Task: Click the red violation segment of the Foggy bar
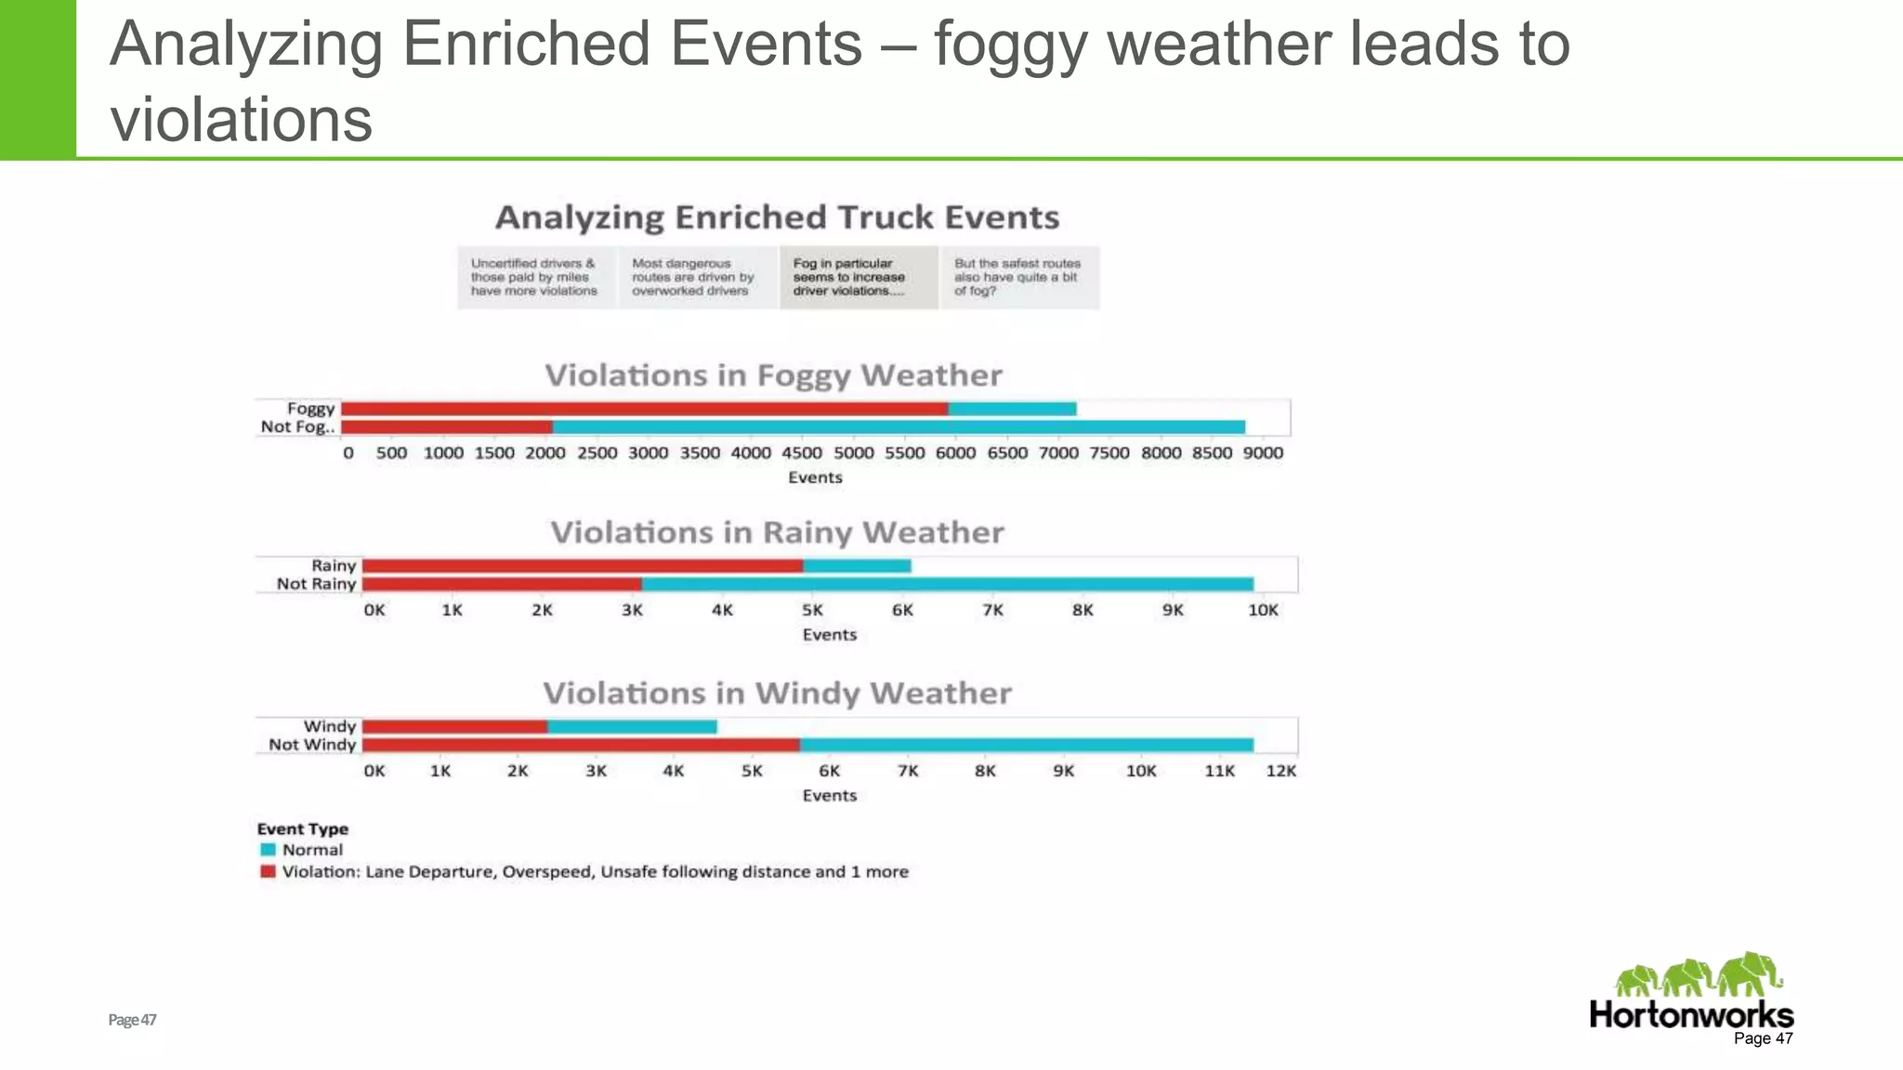tap(644, 409)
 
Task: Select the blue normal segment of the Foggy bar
tap(1012, 409)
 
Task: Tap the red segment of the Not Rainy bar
tap(502, 584)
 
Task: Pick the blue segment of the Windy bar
tap(632, 726)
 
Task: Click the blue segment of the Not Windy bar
tap(1026, 745)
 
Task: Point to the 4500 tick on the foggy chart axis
tap(802, 453)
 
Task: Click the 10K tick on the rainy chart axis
tap(1263, 610)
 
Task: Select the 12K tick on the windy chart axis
tap(1280, 771)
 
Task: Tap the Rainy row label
tap(334, 566)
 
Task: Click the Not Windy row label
tap(312, 745)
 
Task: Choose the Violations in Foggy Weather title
tap(773, 375)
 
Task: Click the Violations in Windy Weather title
tap(777, 694)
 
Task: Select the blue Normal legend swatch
tap(268, 850)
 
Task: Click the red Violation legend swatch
tap(268, 872)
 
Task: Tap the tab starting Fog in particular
tap(858, 277)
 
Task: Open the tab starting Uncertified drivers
tap(536, 277)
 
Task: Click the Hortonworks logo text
tap(1690, 1014)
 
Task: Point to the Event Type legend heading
tap(303, 829)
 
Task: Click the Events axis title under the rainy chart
tap(829, 635)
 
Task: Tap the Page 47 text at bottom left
tap(132, 1020)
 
